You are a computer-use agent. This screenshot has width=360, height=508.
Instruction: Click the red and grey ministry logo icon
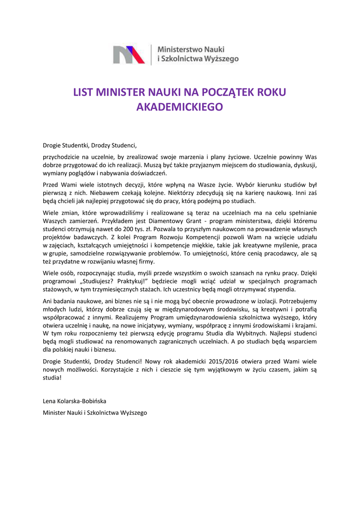pos(130,54)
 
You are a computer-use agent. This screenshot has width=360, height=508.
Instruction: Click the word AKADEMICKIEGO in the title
pos(179,107)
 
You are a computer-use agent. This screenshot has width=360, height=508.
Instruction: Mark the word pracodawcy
pos(270,254)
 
